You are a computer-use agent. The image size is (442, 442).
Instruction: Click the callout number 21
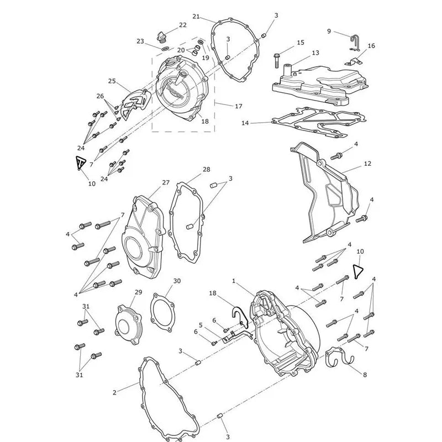click(x=196, y=17)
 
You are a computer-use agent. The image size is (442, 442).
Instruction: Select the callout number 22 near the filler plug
click(x=183, y=25)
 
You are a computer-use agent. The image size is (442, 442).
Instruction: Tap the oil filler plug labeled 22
click(x=161, y=37)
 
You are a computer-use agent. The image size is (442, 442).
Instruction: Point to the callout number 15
click(x=301, y=43)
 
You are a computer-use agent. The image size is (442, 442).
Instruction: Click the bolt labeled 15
click(x=276, y=60)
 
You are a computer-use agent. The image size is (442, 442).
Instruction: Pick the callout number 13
click(x=315, y=53)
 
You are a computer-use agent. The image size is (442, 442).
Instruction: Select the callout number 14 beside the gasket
click(x=245, y=123)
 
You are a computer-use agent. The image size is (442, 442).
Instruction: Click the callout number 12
click(x=367, y=164)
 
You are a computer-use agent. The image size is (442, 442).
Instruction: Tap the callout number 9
click(x=329, y=31)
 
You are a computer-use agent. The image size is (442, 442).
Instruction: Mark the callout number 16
click(x=371, y=46)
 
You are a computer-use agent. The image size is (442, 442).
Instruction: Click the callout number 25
click(x=112, y=81)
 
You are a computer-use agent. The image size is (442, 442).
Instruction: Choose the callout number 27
click(x=166, y=183)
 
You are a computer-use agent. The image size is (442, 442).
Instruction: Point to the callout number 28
click(x=206, y=170)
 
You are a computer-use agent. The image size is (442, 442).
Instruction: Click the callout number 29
click(x=139, y=292)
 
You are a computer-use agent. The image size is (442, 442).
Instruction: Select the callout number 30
click(x=177, y=281)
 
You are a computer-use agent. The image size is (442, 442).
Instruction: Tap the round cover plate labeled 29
click(x=129, y=325)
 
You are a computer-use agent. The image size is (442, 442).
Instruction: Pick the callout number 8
click(x=365, y=375)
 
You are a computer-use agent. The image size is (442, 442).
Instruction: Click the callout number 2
click(x=114, y=392)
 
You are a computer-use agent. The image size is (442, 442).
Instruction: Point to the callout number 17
click(x=239, y=106)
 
